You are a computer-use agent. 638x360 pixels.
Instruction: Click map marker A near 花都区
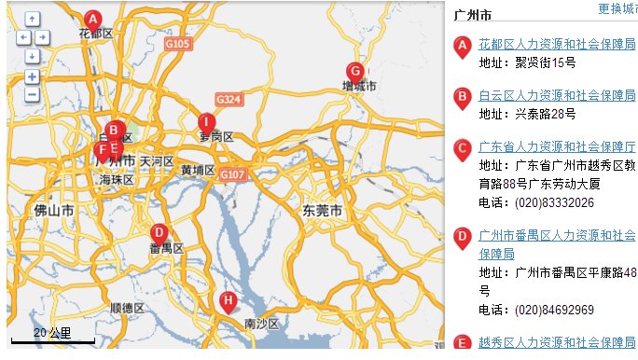tap(92, 19)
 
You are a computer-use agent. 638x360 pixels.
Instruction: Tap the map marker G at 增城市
tap(354, 71)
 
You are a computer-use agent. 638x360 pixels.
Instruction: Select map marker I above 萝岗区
tap(206, 122)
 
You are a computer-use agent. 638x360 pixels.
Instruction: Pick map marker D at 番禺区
tap(159, 233)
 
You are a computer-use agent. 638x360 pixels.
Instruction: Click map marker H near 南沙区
tap(228, 300)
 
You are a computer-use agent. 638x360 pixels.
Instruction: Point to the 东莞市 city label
tap(322, 211)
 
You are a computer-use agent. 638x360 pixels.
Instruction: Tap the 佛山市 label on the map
tap(54, 211)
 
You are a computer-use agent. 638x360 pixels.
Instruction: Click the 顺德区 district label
tap(127, 308)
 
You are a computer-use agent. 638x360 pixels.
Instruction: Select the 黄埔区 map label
tap(198, 171)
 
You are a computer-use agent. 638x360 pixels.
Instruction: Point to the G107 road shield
tap(232, 174)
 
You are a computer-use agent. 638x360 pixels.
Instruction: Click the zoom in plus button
tap(32, 76)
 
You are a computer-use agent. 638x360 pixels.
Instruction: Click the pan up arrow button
tap(32, 19)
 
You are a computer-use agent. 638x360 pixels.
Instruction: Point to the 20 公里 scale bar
tap(52, 337)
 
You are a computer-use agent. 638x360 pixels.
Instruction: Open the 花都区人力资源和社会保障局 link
tap(557, 44)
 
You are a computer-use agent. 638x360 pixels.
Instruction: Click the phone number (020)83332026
tap(554, 202)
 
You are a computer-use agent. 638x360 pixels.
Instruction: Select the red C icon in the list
tap(462, 147)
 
